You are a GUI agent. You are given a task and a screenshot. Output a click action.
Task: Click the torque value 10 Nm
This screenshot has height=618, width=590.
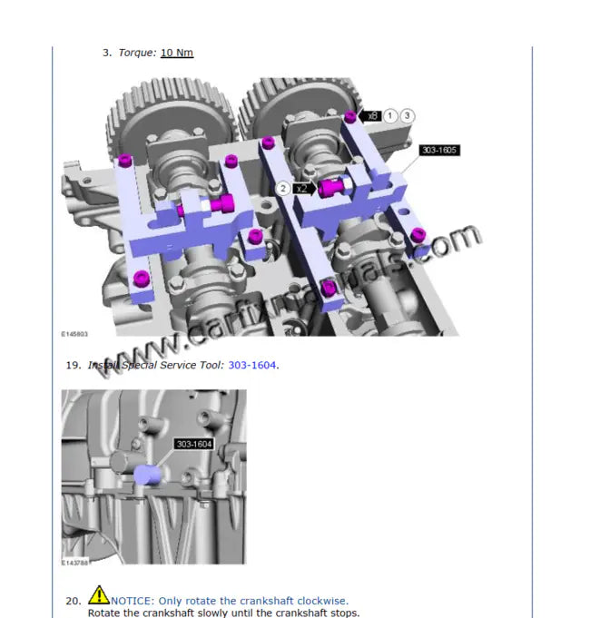[177, 53]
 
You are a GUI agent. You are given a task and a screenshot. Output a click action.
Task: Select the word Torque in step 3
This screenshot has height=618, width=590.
[137, 53]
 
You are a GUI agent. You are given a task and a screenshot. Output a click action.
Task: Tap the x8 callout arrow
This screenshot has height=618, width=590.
[369, 116]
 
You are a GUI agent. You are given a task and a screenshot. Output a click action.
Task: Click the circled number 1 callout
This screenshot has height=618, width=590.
[389, 116]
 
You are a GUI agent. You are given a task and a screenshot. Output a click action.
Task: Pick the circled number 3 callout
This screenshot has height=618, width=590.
[408, 116]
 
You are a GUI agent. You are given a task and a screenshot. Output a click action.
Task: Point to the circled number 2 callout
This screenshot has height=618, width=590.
[284, 188]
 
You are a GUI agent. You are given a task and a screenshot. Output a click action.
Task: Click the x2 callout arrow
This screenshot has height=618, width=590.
[304, 188]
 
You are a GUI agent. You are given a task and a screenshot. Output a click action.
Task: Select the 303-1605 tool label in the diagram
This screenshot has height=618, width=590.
[438, 150]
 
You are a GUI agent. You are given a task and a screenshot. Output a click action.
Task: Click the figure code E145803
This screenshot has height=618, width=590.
[75, 333]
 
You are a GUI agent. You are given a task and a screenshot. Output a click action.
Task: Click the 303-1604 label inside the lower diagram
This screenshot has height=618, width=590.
[193, 445]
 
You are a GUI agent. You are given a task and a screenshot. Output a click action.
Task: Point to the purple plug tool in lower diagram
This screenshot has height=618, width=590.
[147, 475]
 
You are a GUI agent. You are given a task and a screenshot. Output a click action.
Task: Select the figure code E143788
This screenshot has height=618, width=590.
[75, 563]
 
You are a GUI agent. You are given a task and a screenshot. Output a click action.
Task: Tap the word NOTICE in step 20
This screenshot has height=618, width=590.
[132, 601]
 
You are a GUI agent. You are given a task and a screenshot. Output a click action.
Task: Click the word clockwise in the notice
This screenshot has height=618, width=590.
[320, 601]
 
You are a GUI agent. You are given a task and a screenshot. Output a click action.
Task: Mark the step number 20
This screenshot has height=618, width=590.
[74, 601]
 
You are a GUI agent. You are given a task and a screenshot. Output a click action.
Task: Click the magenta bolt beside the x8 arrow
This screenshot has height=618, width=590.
[349, 116]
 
